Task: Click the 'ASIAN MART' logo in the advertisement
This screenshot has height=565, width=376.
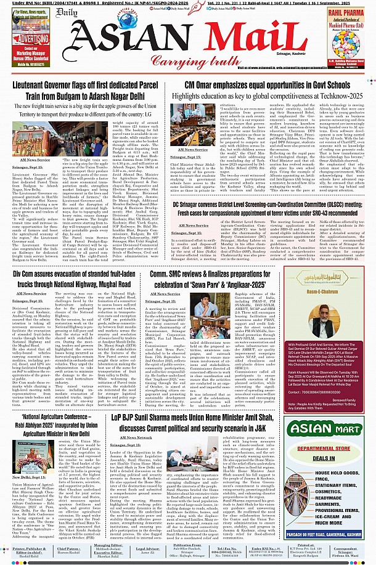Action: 335,411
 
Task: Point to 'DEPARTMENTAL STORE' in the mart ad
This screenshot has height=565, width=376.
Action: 335,432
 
